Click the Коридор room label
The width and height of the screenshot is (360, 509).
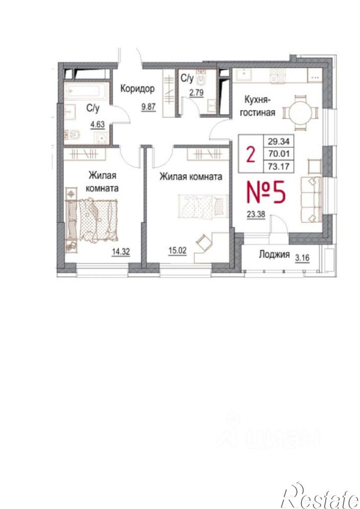coord(138,89)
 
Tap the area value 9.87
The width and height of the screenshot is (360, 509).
coord(148,106)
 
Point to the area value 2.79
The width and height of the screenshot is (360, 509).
coord(196,92)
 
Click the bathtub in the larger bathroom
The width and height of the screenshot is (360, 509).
coord(86,91)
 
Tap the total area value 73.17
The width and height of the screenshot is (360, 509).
coord(279,167)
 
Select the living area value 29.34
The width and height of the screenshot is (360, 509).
coord(279,141)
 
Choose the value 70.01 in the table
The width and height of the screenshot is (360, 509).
coord(279,154)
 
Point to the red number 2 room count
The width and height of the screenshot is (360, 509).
coord(250,154)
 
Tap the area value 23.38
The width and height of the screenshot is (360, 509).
coord(256,215)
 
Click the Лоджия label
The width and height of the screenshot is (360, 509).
coord(274,254)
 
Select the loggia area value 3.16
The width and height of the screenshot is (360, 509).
coord(302,258)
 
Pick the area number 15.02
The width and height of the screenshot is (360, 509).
coord(177,251)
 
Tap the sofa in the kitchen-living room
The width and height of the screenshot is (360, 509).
coord(311,199)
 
